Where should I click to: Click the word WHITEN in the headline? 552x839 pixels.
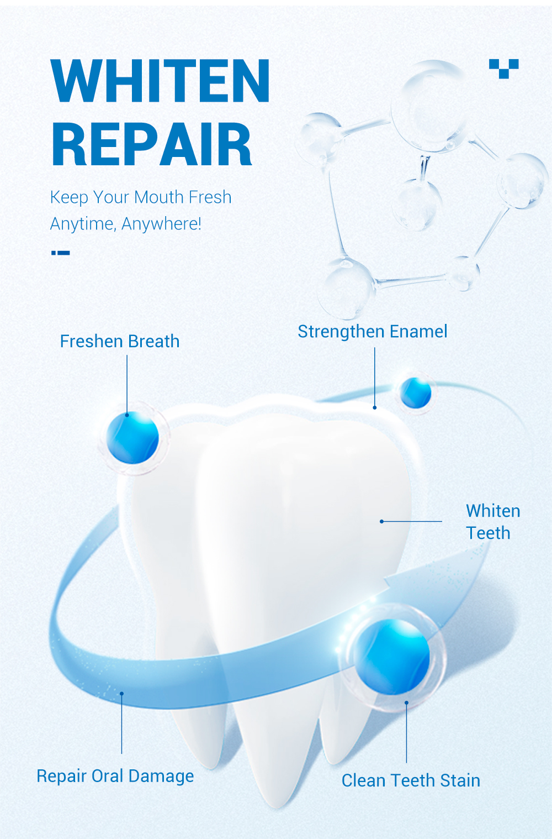click(160, 81)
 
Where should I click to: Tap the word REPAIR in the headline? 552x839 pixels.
click(152, 145)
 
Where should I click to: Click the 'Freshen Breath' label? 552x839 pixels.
click(120, 342)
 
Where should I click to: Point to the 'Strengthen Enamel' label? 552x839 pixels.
click(373, 332)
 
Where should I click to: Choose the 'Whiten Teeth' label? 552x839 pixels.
click(492, 522)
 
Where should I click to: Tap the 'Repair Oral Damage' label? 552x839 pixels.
click(115, 776)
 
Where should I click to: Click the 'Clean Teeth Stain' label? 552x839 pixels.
click(411, 780)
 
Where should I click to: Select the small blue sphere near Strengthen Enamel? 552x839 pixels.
click(415, 392)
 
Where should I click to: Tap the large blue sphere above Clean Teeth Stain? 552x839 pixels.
click(392, 657)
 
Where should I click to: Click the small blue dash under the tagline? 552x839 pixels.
click(61, 253)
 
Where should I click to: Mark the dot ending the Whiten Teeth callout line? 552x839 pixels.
click(381, 521)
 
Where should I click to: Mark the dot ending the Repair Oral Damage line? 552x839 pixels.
click(121, 693)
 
